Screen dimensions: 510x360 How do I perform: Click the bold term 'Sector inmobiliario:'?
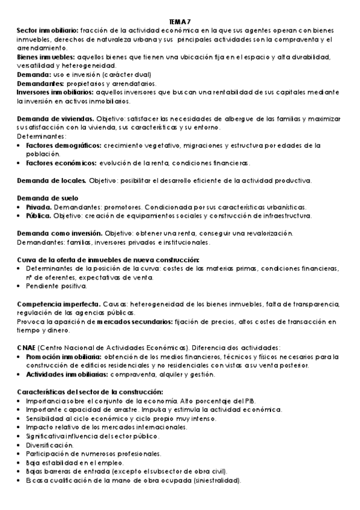click(47, 30)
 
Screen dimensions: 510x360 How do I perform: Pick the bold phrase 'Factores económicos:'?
click(61, 163)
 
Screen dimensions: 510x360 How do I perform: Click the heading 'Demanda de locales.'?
click(52, 180)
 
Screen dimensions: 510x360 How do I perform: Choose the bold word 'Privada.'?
click(38, 207)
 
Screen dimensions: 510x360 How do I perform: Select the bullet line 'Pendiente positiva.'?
click(56, 286)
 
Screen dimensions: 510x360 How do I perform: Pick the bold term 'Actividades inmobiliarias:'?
click(66, 375)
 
